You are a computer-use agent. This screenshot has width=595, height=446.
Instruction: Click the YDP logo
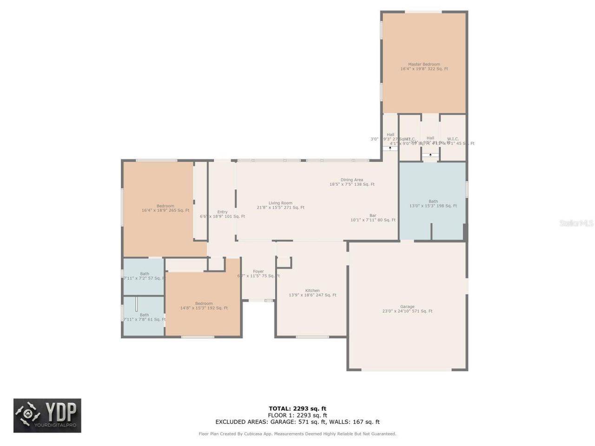pos(47,415)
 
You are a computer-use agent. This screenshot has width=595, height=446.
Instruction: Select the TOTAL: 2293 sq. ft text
pos(297,409)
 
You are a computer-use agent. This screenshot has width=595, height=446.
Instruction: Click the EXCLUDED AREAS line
pos(297,422)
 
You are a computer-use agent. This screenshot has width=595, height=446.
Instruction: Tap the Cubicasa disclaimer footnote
pos(297,434)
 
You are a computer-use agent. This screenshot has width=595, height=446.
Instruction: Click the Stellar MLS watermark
pos(576,223)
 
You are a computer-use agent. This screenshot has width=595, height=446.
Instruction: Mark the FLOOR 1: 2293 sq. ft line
pos(297,415)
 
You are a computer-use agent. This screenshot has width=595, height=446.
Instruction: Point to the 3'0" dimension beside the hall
pos(374,139)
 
